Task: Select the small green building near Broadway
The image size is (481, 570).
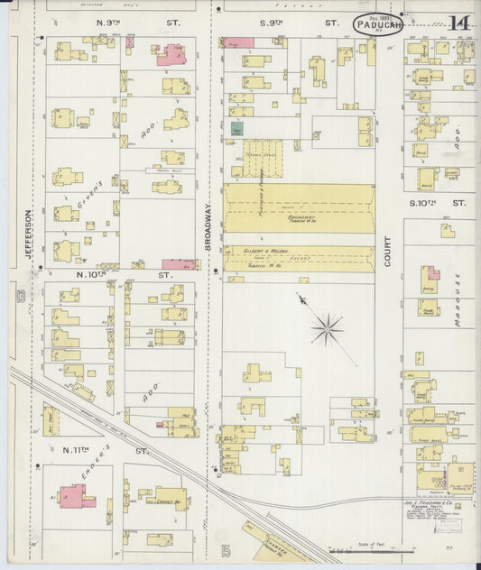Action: click(237, 129)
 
